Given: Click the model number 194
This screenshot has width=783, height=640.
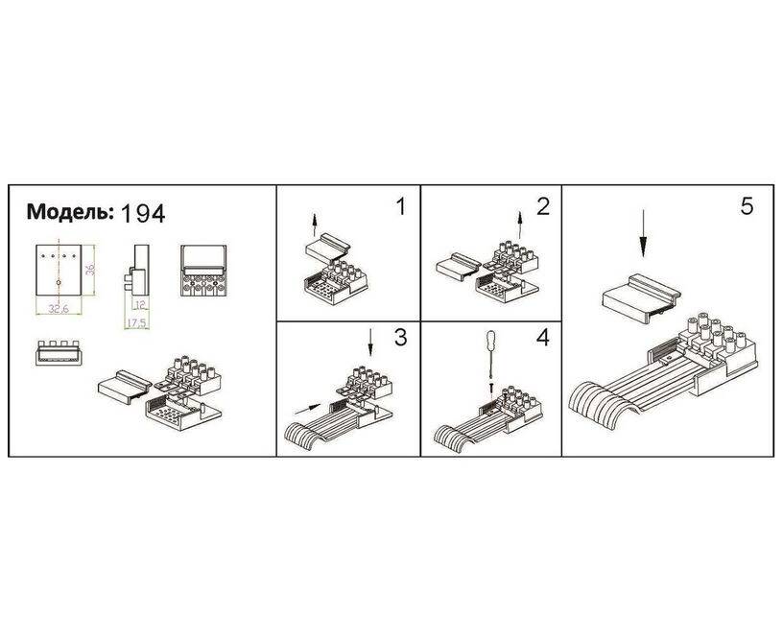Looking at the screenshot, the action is [x=143, y=214].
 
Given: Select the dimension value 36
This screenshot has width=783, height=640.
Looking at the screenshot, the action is [x=90, y=270].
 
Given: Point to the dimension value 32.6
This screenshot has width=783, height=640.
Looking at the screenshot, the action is [x=59, y=309].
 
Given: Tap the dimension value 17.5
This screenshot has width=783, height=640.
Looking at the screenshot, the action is [x=136, y=323].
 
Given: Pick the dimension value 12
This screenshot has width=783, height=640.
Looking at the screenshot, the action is [x=139, y=304].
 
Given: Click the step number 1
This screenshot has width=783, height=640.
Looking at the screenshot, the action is [x=400, y=206].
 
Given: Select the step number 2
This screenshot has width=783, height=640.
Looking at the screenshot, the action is [x=543, y=206].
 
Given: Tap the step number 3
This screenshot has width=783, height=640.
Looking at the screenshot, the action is [x=401, y=338].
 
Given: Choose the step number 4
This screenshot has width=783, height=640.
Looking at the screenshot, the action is [x=543, y=338].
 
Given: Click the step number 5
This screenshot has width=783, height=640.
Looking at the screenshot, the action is [x=747, y=206].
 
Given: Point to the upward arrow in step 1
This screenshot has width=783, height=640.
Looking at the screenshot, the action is [x=314, y=225].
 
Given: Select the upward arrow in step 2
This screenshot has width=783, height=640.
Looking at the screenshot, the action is [x=520, y=225].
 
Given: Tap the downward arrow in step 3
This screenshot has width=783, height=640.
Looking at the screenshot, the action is [x=370, y=342].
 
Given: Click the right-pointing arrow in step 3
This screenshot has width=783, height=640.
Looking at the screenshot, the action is [x=308, y=409].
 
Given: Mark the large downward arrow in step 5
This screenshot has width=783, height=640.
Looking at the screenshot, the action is [x=643, y=233].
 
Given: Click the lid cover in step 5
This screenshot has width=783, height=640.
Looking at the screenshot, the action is [x=642, y=298].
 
